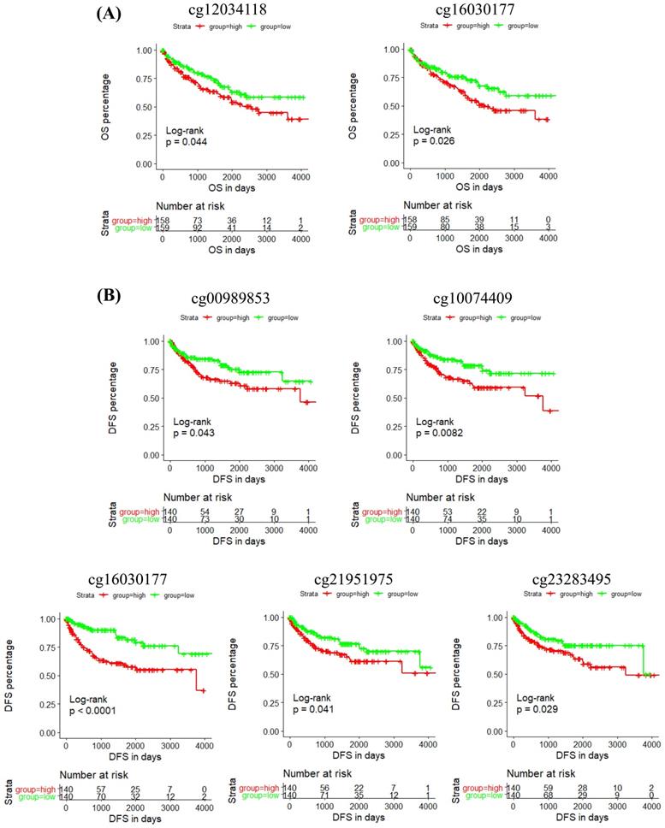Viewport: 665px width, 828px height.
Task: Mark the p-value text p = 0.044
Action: pyautogui.click(x=187, y=142)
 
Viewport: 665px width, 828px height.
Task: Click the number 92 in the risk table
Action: pyautogui.click(x=197, y=228)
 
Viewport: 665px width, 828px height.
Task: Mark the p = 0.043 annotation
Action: pyautogui.click(x=194, y=434)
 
